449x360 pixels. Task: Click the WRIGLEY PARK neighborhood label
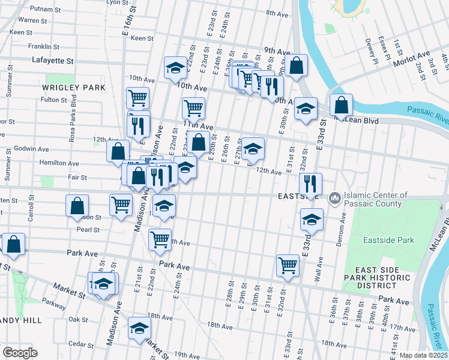(x=74, y=88)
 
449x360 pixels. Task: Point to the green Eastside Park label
(x=388, y=240)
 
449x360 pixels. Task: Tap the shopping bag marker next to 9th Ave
(x=297, y=66)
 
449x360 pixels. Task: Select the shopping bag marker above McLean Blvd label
(x=341, y=105)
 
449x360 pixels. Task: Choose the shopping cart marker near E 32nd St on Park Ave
(x=288, y=265)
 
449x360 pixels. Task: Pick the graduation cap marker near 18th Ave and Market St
(x=139, y=328)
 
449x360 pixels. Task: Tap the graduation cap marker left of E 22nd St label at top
(x=175, y=68)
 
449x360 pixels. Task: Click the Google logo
(x=20, y=353)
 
